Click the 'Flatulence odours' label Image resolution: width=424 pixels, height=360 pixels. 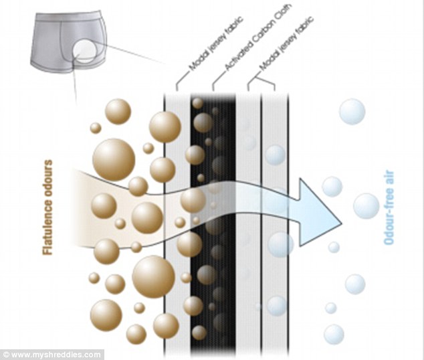(x=47, y=207)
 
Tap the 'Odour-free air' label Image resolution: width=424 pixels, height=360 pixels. (x=389, y=207)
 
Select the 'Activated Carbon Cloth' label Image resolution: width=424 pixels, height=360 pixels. (x=258, y=37)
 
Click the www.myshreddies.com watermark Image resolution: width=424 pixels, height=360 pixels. (x=51, y=355)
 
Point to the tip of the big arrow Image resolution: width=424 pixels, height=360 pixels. (x=342, y=223)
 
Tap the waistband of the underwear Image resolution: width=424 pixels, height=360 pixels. (x=68, y=16)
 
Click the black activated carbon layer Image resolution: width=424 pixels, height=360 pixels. (x=213, y=224)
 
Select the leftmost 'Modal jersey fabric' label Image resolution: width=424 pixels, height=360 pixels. (x=215, y=43)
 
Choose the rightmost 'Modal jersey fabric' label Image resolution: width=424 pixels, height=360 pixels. (x=286, y=43)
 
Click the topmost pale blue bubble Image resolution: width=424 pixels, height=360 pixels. (x=352, y=112)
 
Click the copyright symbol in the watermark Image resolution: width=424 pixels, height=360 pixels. (x=6, y=355)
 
